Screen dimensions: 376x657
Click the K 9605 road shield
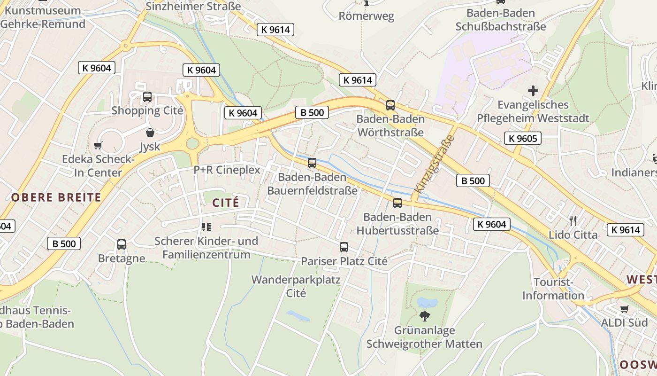[523, 138]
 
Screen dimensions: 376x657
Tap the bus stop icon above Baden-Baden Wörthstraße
[390, 105]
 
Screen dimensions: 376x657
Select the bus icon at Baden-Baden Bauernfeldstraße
[312, 163]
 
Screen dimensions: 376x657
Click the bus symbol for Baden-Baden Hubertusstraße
[397, 203]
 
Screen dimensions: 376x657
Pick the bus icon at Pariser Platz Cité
[344, 247]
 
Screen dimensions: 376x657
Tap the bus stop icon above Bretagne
[122, 244]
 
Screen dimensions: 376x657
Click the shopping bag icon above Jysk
[150, 133]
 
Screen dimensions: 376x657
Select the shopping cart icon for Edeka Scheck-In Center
[98, 145]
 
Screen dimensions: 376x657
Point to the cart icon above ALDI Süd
[624, 309]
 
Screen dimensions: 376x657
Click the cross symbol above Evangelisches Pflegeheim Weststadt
[533, 90]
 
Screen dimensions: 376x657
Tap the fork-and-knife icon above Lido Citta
[573, 220]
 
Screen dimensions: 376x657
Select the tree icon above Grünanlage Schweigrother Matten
[424, 316]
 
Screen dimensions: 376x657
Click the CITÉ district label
[226, 203]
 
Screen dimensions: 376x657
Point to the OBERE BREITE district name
[56, 197]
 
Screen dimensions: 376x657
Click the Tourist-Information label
[553, 289]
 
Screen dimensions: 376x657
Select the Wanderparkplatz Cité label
[296, 286]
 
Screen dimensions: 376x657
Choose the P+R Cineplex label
[227, 170]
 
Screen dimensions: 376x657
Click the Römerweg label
[367, 16]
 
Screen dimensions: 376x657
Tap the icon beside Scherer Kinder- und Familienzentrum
[206, 227]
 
